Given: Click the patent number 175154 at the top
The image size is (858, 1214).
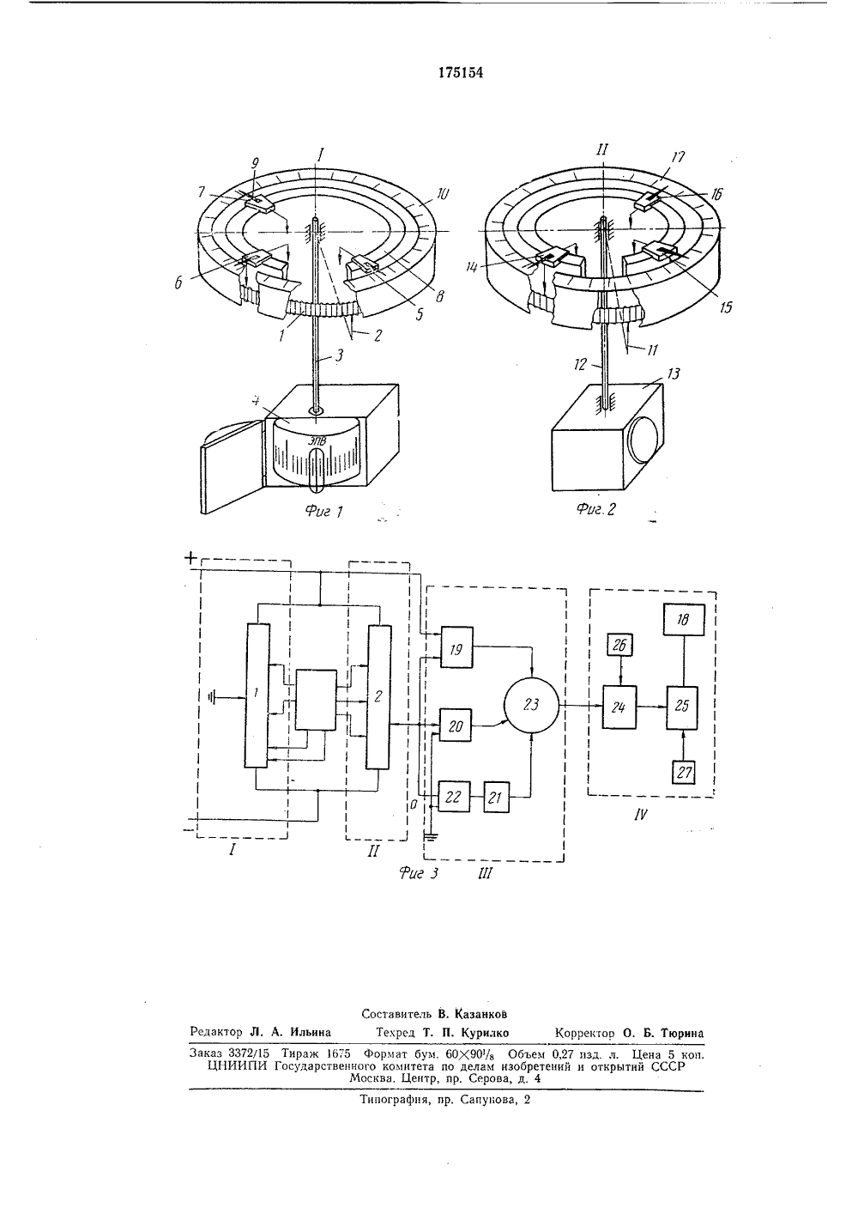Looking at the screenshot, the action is (x=461, y=73).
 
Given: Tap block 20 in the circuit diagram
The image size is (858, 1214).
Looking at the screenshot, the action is (x=455, y=725).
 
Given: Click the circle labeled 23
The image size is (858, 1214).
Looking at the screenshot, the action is (x=531, y=704).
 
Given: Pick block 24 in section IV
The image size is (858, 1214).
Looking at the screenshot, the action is (x=619, y=707).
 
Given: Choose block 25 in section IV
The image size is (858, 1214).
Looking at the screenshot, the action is (x=682, y=707).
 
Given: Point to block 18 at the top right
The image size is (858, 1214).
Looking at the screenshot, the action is (x=684, y=620).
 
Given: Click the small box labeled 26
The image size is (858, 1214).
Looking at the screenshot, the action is (x=620, y=645).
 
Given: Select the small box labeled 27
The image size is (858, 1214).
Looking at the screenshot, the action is (x=684, y=772).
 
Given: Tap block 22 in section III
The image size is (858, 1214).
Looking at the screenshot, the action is (x=454, y=796).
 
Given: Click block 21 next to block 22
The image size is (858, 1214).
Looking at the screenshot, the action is (x=496, y=797).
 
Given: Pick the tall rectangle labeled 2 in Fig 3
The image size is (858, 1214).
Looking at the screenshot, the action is (x=378, y=697).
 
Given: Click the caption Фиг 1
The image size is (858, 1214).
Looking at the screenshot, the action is (x=324, y=511).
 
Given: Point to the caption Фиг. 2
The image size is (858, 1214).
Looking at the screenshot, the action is (x=595, y=509).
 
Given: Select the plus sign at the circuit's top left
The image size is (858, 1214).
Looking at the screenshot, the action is (x=190, y=558).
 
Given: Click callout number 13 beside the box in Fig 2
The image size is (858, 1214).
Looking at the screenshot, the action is (x=674, y=373).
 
